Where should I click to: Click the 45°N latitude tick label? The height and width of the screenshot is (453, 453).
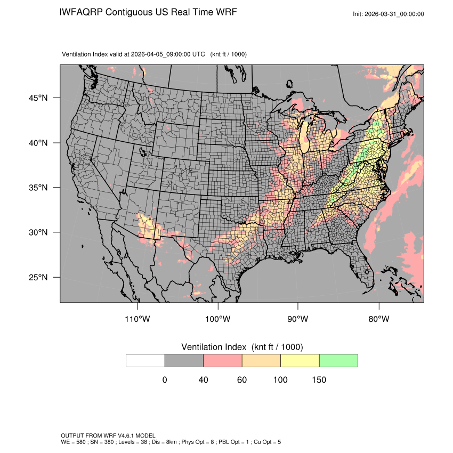tap(38, 98)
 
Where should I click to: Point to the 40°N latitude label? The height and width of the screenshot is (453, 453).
tap(38, 143)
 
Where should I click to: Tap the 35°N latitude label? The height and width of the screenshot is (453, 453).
tap(38, 188)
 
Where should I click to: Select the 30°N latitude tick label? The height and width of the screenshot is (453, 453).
tap(38, 232)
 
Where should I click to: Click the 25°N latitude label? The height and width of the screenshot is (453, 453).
tap(38, 277)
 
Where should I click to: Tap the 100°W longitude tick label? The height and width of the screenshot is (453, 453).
tap(218, 319)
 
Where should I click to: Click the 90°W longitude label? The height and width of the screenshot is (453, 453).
tap(298, 319)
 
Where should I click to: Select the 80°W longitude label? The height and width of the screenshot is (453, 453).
tap(378, 319)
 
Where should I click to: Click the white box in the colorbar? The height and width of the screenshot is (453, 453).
tap(145, 360)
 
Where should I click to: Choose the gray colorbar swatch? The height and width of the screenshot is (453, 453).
tap(184, 360)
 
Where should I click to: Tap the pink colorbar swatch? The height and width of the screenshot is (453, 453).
tap(223, 360)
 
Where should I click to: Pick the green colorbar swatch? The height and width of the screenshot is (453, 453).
tap(338, 360)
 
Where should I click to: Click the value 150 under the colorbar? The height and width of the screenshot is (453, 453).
tap(319, 380)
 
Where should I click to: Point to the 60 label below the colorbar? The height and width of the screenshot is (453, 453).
tap(242, 380)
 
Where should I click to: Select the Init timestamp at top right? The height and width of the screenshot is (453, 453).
tap(389, 14)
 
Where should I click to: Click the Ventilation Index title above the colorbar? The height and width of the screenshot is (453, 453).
tap(242, 347)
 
